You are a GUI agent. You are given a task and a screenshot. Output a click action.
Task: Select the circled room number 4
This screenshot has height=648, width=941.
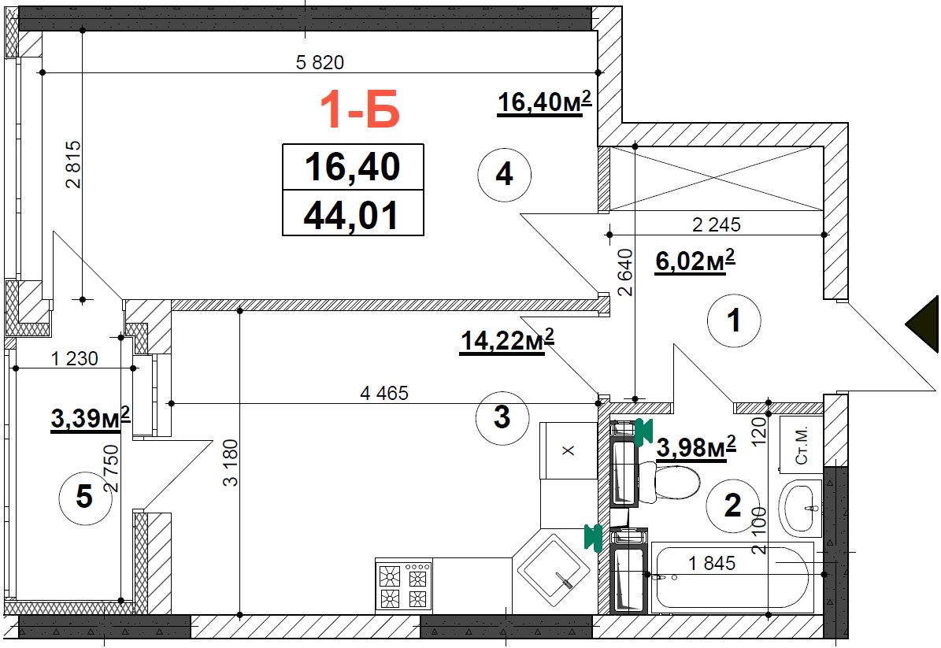point(505,174)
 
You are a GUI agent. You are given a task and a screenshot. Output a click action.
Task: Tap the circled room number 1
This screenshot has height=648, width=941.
point(734,320)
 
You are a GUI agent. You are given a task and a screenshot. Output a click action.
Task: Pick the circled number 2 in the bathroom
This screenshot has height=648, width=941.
point(732,505)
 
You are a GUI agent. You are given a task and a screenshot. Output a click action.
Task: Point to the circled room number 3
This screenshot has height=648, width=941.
point(502,417)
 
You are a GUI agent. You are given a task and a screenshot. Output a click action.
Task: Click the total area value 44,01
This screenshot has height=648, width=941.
point(352,214)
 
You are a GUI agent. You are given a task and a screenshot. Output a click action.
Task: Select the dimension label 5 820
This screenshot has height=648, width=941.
point(320,62)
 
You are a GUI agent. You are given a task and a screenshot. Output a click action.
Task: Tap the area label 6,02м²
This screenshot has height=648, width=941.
point(695,261)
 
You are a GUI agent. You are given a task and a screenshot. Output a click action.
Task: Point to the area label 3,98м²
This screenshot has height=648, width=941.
point(696,447)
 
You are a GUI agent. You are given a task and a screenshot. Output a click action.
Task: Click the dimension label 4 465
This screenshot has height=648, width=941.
point(384,393)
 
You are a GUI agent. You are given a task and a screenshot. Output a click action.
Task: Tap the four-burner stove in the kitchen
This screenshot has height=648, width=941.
point(403,585)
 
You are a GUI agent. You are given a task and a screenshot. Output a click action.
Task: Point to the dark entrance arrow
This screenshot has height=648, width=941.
point(923,324)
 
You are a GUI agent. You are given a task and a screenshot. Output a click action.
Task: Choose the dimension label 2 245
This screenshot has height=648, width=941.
point(716,224)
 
